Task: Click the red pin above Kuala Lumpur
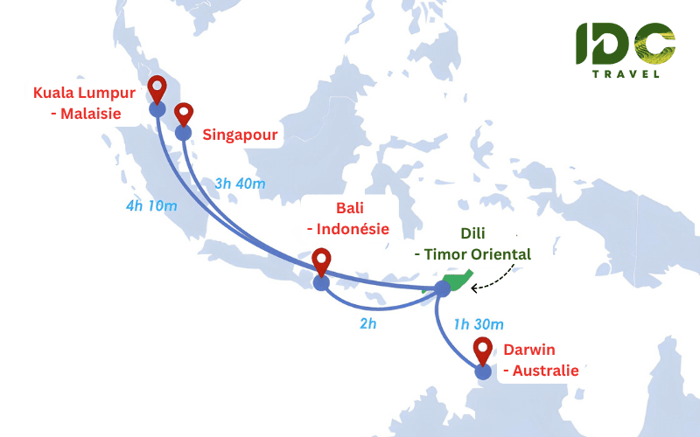point(157,88)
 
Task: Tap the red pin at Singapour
point(184,114)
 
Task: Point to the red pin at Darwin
point(483,350)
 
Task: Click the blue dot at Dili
point(443,288)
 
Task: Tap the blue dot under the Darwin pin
point(483,371)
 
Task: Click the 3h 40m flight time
point(239,184)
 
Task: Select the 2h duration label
point(367,323)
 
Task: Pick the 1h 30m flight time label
point(479,324)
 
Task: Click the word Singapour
point(240,135)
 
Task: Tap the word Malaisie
point(91,114)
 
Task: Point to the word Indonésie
point(347,229)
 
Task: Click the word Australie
point(545,371)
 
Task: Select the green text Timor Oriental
point(478,254)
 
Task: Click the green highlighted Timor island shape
point(457,281)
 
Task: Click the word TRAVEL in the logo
point(626,74)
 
